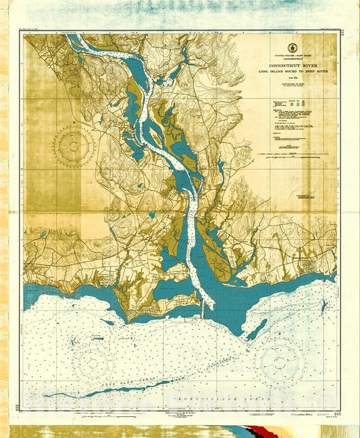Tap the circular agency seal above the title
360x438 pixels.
[292, 47]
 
